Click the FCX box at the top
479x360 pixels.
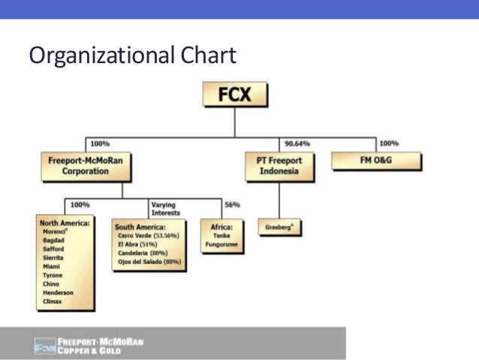(x=234, y=96)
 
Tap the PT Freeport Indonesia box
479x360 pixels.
(x=279, y=165)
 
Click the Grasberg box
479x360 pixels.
(x=279, y=226)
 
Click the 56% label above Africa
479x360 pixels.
(x=232, y=204)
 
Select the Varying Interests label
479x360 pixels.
(x=166, y=208)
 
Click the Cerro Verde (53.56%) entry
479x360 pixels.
(x=149, y=235)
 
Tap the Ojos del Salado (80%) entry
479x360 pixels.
(x=149, y=262)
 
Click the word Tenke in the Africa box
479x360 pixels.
(x=218, y=235)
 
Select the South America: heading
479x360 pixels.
(x=140, y=225)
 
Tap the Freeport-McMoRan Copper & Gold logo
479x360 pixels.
(x=89, y=346)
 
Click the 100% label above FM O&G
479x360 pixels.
(x=388, y=144)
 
